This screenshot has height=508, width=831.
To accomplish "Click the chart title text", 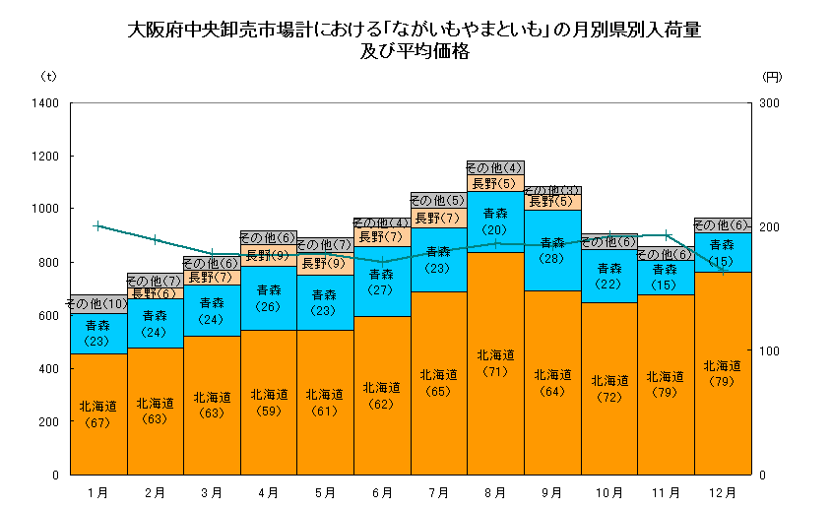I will [x=415, y=40].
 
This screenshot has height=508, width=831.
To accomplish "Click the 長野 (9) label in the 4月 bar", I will [x=268, y=256].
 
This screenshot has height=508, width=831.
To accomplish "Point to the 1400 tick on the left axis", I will [x=46, y=103].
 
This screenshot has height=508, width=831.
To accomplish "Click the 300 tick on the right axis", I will [x=771, y=103].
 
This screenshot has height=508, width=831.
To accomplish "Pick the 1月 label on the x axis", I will [x=97, y=491].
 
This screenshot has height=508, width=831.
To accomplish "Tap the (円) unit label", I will [x=772, y=76].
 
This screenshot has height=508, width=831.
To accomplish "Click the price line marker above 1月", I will [x=97, y=225].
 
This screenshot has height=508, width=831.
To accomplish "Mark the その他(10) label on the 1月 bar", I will [x=97, y=303].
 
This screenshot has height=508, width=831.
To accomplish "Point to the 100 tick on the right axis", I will [x=771, y=350].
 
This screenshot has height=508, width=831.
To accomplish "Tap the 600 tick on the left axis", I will [x=48, y=316].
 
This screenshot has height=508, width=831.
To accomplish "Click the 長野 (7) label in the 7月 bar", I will [x=438, y=218].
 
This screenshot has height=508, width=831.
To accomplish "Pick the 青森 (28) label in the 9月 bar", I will [x=552, y=250].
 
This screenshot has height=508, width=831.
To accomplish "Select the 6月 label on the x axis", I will [x=381, y=491].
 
